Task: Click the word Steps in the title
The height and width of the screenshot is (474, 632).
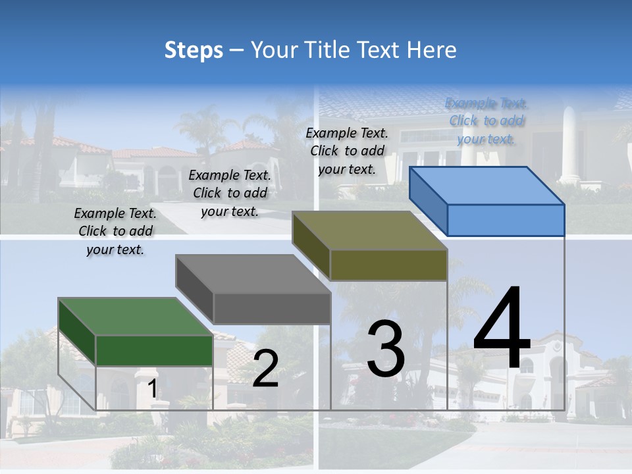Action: tap(194, 50)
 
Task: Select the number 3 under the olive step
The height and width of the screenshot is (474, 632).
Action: tap(385, 350)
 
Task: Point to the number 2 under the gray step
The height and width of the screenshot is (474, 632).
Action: tap(265, 369)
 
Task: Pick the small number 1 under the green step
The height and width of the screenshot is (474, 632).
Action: tap(152, 389)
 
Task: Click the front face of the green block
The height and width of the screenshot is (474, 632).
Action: tap(154, 350)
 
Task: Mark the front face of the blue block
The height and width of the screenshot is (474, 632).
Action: tap(506, 220)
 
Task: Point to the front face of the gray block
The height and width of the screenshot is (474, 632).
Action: tap(271, 308)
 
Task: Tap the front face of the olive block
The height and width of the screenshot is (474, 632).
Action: tap(388, 265)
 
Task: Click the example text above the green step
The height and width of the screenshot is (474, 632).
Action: tap(116, 232)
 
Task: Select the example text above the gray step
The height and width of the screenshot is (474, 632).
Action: tap(230, 193)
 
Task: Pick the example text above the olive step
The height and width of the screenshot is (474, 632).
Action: tap(347, 151)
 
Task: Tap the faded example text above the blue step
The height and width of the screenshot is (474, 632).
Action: tap(487, 120)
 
